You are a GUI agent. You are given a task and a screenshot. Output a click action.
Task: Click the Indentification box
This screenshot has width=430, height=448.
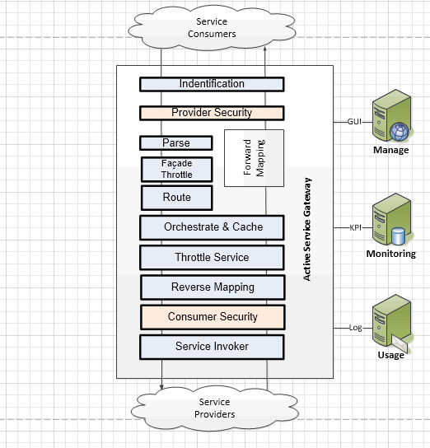pyautogui.click(x=212, y=84)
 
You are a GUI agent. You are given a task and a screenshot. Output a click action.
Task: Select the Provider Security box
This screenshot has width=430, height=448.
pyautogui.click(x=212, y=113)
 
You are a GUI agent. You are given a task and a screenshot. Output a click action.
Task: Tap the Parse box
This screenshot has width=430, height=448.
pyautogui.click(x=176, y=142)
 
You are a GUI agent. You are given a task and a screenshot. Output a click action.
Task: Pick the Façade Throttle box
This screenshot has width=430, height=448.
pyautogui.click(x=177, y=169)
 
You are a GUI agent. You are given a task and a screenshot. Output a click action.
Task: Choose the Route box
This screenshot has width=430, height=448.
pyautogui.click(x=177, y=198)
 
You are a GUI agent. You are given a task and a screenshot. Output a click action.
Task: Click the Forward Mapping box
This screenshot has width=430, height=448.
pyautogui.click(x=254, y=158)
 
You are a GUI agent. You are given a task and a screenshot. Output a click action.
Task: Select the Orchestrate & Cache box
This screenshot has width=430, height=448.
pyautogui.click(x=212, y=228)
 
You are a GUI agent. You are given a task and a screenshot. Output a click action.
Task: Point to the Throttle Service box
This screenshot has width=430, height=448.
pyautogui.click(x=212, y=258)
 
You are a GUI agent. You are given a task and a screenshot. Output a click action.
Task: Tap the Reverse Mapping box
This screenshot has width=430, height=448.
pyautogui.click(x=213, y=287)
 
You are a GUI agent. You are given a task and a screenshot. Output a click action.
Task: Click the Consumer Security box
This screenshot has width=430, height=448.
pyautogui.click(x=213, y=317)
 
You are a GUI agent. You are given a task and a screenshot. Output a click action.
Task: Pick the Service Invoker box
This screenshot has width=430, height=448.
pyautogui.click(x=212, y=348)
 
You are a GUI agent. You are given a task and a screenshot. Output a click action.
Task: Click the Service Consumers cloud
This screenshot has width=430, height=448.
pyautogui.click(x=212, y=28)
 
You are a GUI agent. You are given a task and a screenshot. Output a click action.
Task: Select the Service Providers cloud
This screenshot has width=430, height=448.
pyautogui.click(x=214, y=408)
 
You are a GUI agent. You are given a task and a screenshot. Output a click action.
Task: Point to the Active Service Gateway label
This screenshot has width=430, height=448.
pyautogui.click(x=307, y=229)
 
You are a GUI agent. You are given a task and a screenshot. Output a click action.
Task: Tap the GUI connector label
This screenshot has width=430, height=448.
pyautogui.click(x=354, y=122)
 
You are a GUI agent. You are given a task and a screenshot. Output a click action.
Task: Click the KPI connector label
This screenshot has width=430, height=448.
pyautogui.click(x=355, y=228)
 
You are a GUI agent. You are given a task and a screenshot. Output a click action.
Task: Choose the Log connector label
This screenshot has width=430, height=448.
pyautogui.click(x=355, y=328)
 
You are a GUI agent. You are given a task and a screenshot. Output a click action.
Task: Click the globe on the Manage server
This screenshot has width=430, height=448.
pyautogui.click(x=400, y=132)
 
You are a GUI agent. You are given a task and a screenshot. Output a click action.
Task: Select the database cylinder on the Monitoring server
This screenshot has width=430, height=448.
pyautogui.click(x=398, y=236)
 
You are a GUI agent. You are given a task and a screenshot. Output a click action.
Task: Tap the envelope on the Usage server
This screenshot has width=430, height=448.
pyautogui.click(x=400, y=343)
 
